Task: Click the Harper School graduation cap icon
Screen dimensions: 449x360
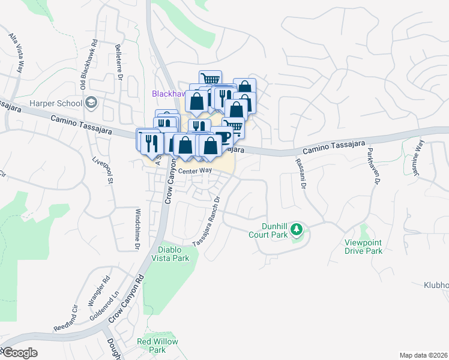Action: coord(91,102)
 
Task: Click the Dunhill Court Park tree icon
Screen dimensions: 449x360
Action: coord(296,229)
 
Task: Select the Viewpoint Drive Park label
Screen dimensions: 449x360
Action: coord(363,247)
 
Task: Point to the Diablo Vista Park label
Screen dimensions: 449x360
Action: coord(173,254)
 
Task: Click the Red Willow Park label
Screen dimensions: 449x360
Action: coord(157,346)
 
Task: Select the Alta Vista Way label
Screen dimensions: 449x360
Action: coord(17,53)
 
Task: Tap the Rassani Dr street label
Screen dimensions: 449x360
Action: coord(300,174)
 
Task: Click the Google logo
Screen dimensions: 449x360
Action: coord(19,353)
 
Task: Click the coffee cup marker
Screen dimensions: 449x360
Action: coord(223,137)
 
